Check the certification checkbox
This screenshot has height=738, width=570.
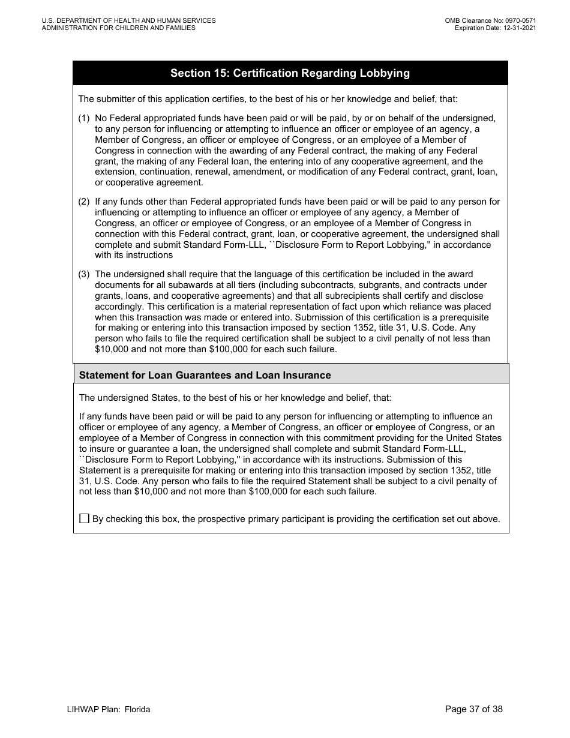[84, 518]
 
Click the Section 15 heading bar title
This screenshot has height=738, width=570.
[290, 73]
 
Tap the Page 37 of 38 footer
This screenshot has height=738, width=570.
[473, 709]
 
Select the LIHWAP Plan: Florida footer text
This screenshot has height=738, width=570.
[109, 709]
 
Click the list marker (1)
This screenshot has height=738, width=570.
[84, 118]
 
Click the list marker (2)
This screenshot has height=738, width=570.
[84, 202]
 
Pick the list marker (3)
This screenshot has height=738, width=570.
[84, 274]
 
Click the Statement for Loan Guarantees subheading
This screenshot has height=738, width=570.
[205, 375]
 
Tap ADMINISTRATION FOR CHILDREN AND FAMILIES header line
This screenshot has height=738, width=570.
[119, 28]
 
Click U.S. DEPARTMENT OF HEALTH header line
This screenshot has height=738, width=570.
[129, 20]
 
